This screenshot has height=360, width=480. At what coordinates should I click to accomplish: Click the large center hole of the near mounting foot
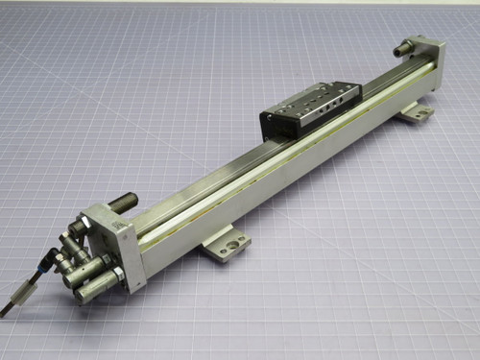pos(228,246)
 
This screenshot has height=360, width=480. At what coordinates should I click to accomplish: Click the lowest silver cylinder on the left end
pos(93,287)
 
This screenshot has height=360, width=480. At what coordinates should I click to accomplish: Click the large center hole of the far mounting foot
pos(416,114)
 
